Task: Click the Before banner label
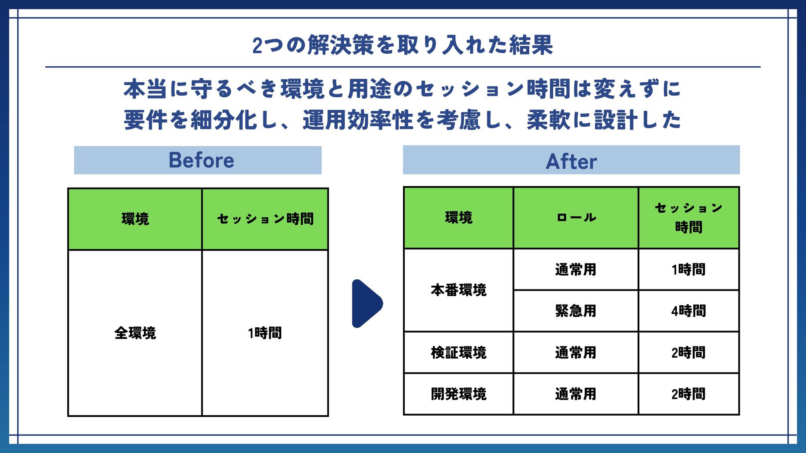[x=201, y=160]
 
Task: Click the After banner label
[x=571, y=161]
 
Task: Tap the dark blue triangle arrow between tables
[x=366, y=303]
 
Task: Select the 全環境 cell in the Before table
[x=135, y=333]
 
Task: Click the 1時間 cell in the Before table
[x=265, y=333]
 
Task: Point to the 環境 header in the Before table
[x=135, y=219]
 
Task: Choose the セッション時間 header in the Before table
[x=265, y=219]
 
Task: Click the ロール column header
[x=576, y=218]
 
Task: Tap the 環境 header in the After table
[x=458, y=218]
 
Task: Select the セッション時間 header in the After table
[x=688, y=218]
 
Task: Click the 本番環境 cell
[x=458, y=290]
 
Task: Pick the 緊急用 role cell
[x=576, y=311]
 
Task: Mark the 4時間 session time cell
[x=688, y=311]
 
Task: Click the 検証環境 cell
[x=458, y=352]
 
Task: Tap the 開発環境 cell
[x=458, y=394]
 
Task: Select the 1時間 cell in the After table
[x=688, y=269]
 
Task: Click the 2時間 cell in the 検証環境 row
[x=688, y=352]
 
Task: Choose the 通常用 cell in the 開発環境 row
[x=576, y=394]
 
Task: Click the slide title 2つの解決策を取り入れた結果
[x=403, y=45]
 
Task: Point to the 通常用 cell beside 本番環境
[x=576, y=269]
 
